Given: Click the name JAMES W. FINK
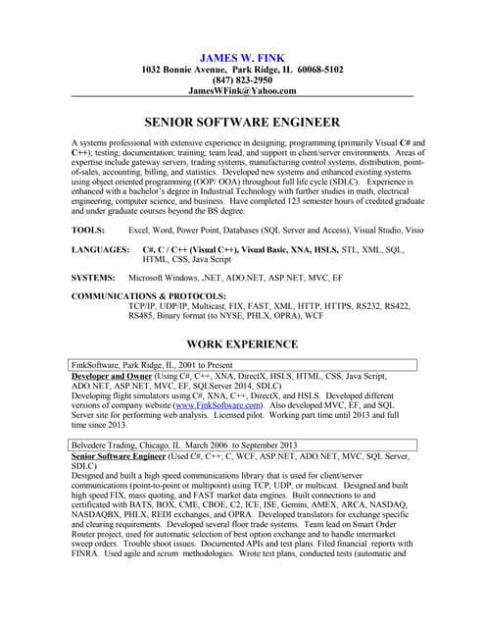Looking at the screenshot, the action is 241,58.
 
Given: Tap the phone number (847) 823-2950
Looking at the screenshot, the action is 242,79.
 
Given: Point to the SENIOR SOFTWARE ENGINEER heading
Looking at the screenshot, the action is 242,123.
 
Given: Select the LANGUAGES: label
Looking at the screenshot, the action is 101,250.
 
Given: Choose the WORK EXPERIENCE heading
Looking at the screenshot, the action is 242,344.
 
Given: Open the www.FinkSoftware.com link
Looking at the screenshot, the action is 218,404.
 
